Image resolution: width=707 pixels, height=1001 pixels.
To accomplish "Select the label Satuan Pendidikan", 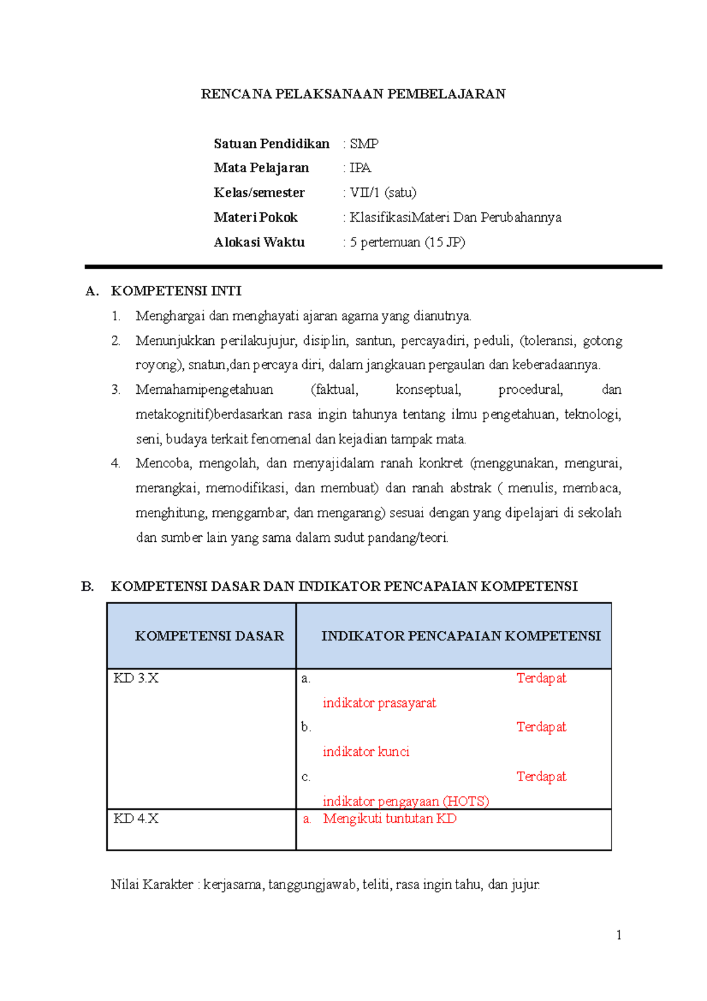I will [x=272, y=144].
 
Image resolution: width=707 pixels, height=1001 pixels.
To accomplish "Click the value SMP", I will [x=364, y=144].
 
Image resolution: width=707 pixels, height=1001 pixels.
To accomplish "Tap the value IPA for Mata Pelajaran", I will [x=360, y=168].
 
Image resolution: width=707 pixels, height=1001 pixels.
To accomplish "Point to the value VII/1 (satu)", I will [x=383, y=193].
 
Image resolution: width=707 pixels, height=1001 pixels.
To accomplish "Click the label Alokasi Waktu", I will [x=259, y=242].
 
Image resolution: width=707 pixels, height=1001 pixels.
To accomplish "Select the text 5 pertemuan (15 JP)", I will [x=407, y=242].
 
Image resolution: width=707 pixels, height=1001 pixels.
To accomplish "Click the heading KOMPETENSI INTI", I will [x=176, y=291].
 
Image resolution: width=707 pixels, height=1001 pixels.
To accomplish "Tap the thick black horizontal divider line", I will [x=373, y=267].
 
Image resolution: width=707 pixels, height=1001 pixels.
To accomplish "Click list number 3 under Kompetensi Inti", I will [x=115, y=390].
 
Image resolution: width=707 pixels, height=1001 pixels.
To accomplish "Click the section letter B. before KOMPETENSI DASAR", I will [x=87, y=587].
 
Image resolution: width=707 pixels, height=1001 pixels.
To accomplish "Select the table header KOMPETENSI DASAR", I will [x=209, y=636].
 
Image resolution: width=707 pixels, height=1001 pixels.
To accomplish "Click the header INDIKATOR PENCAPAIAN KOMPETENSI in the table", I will [x=461, y=636].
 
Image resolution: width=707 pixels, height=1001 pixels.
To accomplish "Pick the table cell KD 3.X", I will [x=136, y=679].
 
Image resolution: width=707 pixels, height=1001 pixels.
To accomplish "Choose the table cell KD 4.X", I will [x=136, y=819].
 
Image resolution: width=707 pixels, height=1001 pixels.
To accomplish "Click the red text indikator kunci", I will [x=366, y=752].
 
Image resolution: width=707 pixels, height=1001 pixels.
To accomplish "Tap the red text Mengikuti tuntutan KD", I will [x=389, y=819].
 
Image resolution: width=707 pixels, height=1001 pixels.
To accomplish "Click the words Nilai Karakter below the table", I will [x=152, y=885].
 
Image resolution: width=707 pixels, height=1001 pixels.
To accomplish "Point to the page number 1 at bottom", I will [x=619, y=935].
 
